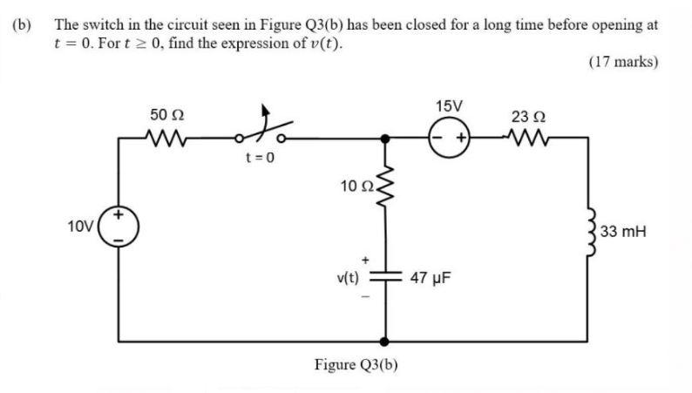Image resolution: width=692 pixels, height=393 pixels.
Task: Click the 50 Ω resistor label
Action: click(166, 115)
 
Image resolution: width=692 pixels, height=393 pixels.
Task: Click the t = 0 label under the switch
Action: click(260, 159)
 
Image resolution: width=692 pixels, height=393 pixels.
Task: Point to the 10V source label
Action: click(79, 227)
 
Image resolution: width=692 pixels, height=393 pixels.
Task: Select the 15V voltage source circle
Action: click(448, 138)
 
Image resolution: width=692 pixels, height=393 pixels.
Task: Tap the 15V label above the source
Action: click(448, 106)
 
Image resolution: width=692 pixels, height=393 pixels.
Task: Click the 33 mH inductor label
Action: click(625, 233)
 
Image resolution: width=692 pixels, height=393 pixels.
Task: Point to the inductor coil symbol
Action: click(595, 232)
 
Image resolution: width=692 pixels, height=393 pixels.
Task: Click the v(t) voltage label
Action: click(347, 279)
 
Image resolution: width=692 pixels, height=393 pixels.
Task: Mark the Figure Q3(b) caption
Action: click(356, 364)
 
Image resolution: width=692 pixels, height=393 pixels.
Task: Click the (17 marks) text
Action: click(622, 62)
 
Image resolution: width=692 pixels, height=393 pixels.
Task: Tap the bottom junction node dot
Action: click(383, 341)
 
